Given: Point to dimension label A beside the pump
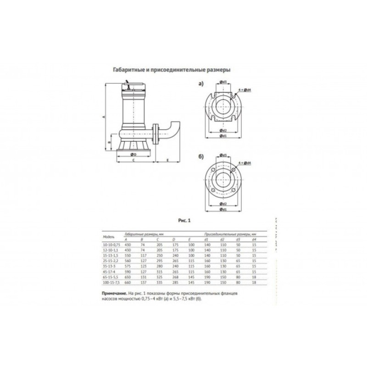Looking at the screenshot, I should [x=104, y=117].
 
